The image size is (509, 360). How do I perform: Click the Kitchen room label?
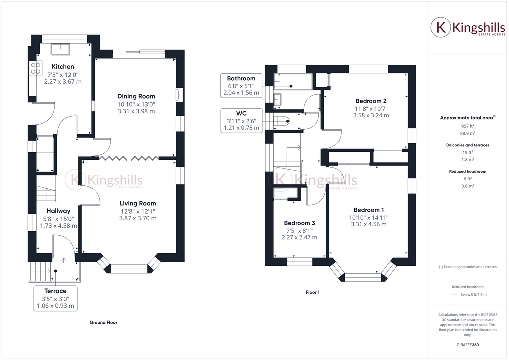tap(63, 67)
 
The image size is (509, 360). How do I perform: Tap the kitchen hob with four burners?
tap(36, 68)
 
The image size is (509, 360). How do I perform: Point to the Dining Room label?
tap(136, 96)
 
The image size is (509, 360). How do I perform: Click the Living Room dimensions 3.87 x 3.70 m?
tap(137, 218)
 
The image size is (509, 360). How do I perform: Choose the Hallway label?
tap(59, 211)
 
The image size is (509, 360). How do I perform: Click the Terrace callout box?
tap(55, 298)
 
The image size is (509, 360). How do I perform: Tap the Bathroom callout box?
tap(241, 85)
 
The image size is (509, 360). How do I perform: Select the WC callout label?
tap(241, 113)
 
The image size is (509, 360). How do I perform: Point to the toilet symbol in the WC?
tap(282, 120)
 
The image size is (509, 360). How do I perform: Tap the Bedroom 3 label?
tap(299, 223)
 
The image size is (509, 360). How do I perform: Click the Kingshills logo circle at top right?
tap(441, 28)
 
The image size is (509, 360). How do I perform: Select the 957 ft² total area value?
tap(467, 127)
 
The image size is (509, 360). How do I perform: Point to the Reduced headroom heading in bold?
tap(467, 171)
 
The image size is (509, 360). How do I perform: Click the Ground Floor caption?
tap(103, 323)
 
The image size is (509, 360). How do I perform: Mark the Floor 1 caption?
tap(312, 292)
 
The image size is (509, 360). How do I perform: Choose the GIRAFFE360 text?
tap(467, 345)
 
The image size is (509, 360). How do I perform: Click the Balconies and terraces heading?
tap(467, 145)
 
